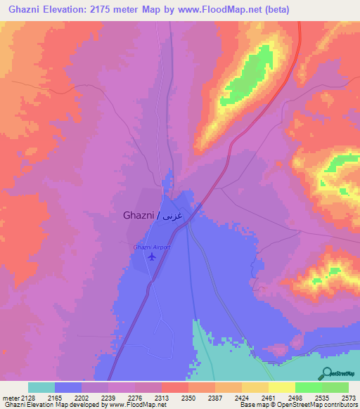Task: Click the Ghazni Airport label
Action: pyautogui.click(x=151, y=247)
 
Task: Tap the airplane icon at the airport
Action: pyautogui.click(x=151, y=257)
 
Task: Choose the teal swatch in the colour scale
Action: pyautogui.click(x=41, y=387)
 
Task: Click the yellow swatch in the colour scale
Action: pyautogui.click(x=281, y=387)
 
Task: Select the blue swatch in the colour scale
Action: pyautogui.click(x=67, y=387)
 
